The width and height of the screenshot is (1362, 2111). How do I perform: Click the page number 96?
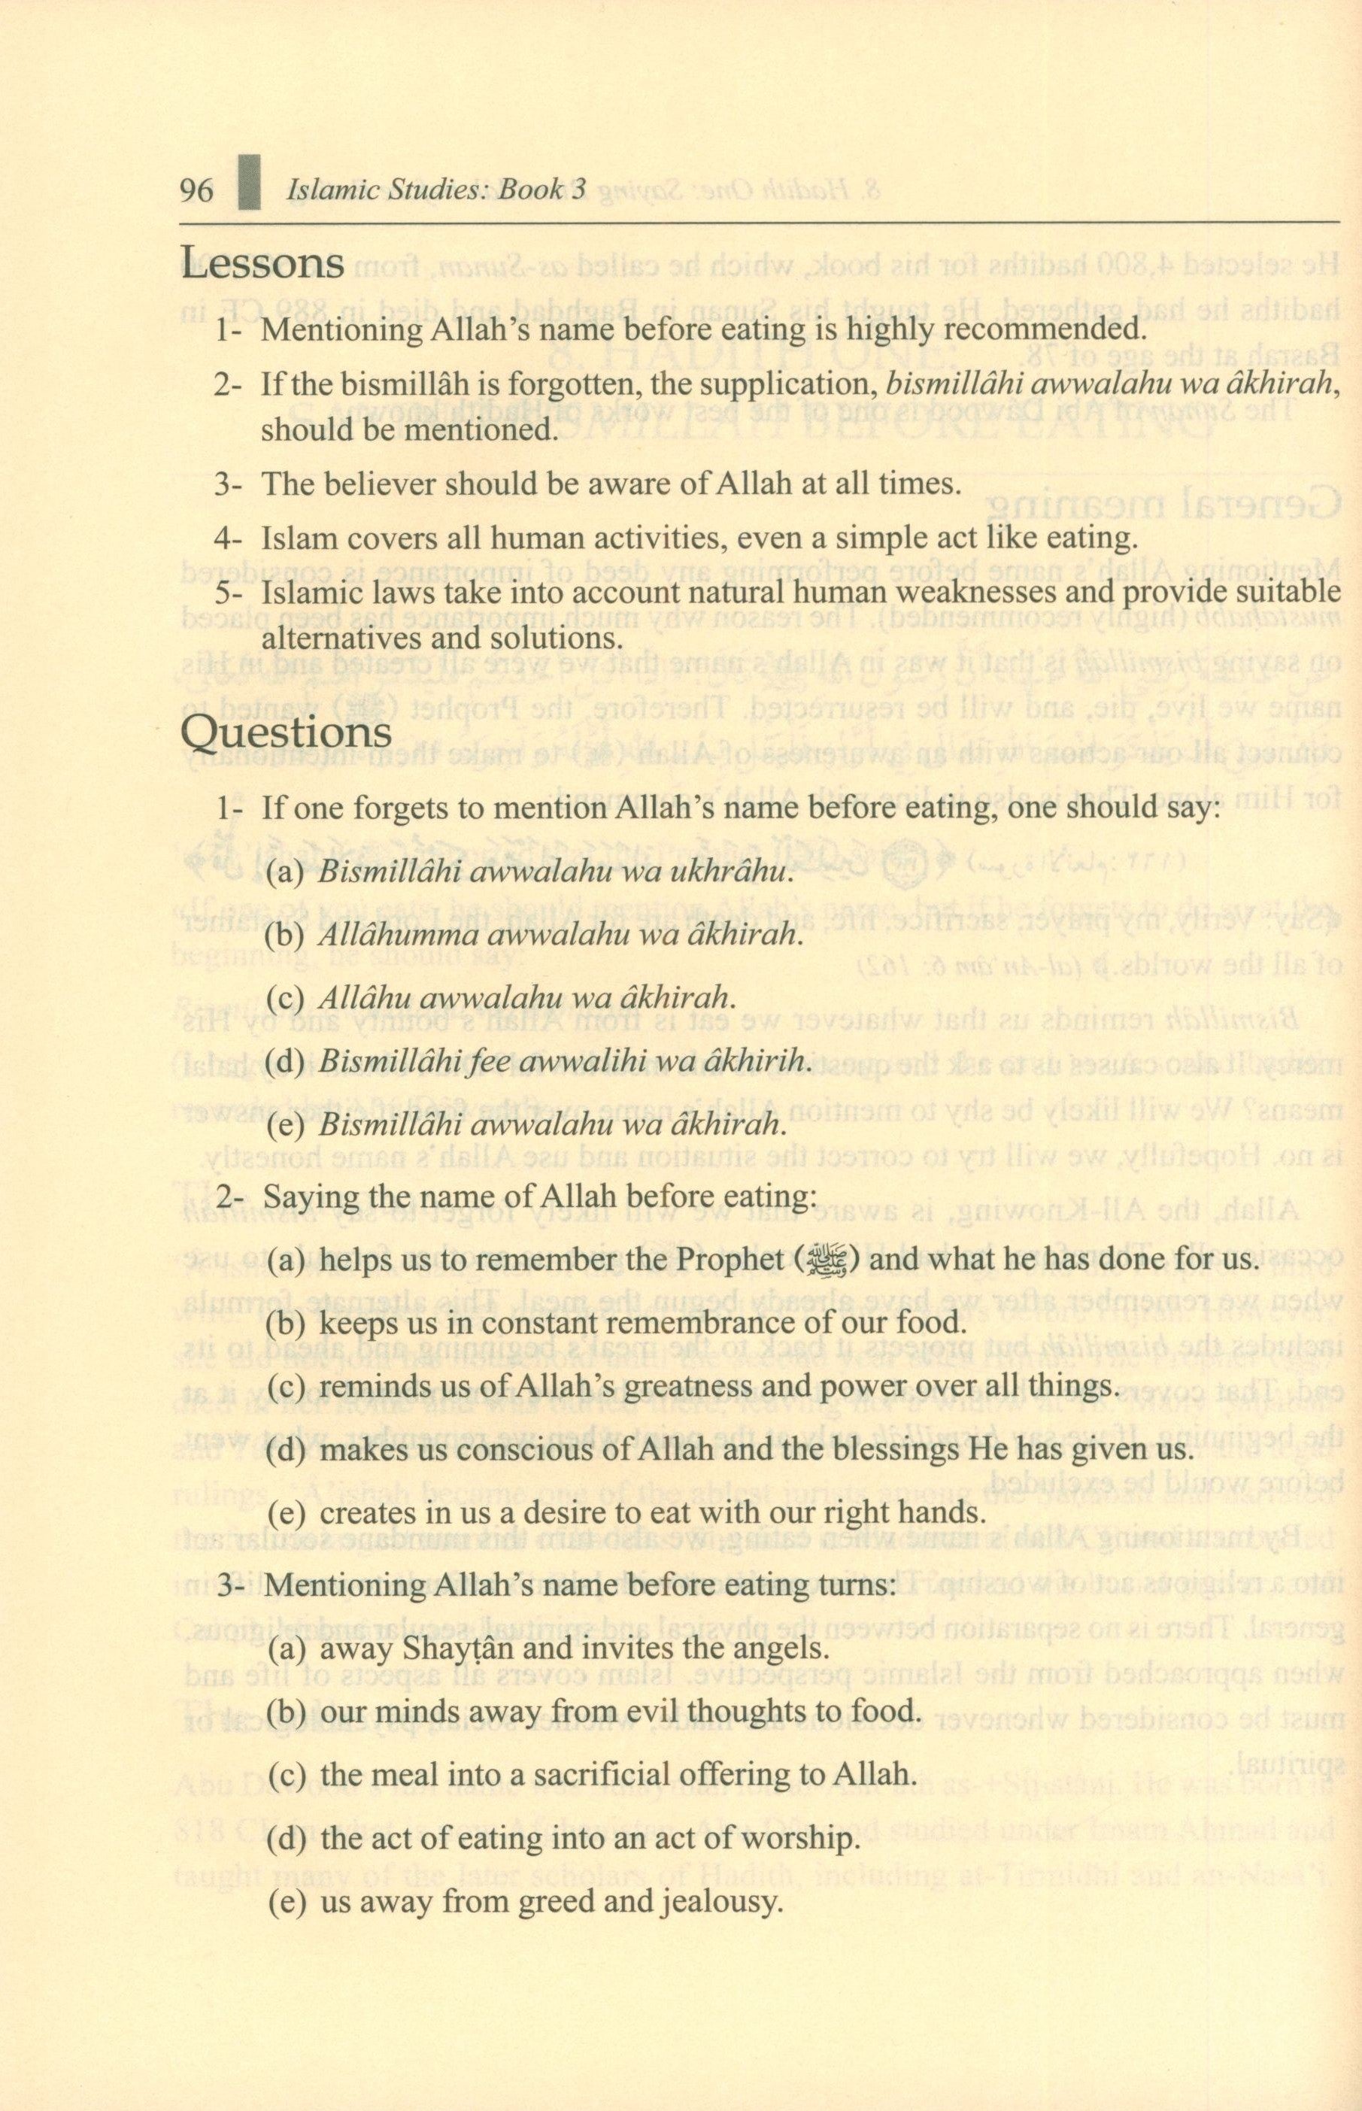click(196, 190)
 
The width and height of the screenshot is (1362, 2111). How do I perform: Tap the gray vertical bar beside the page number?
click(250, 183)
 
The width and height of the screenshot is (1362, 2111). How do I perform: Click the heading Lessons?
click(262, 262)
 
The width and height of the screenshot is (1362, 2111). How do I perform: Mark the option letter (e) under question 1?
click(285, 1125)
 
